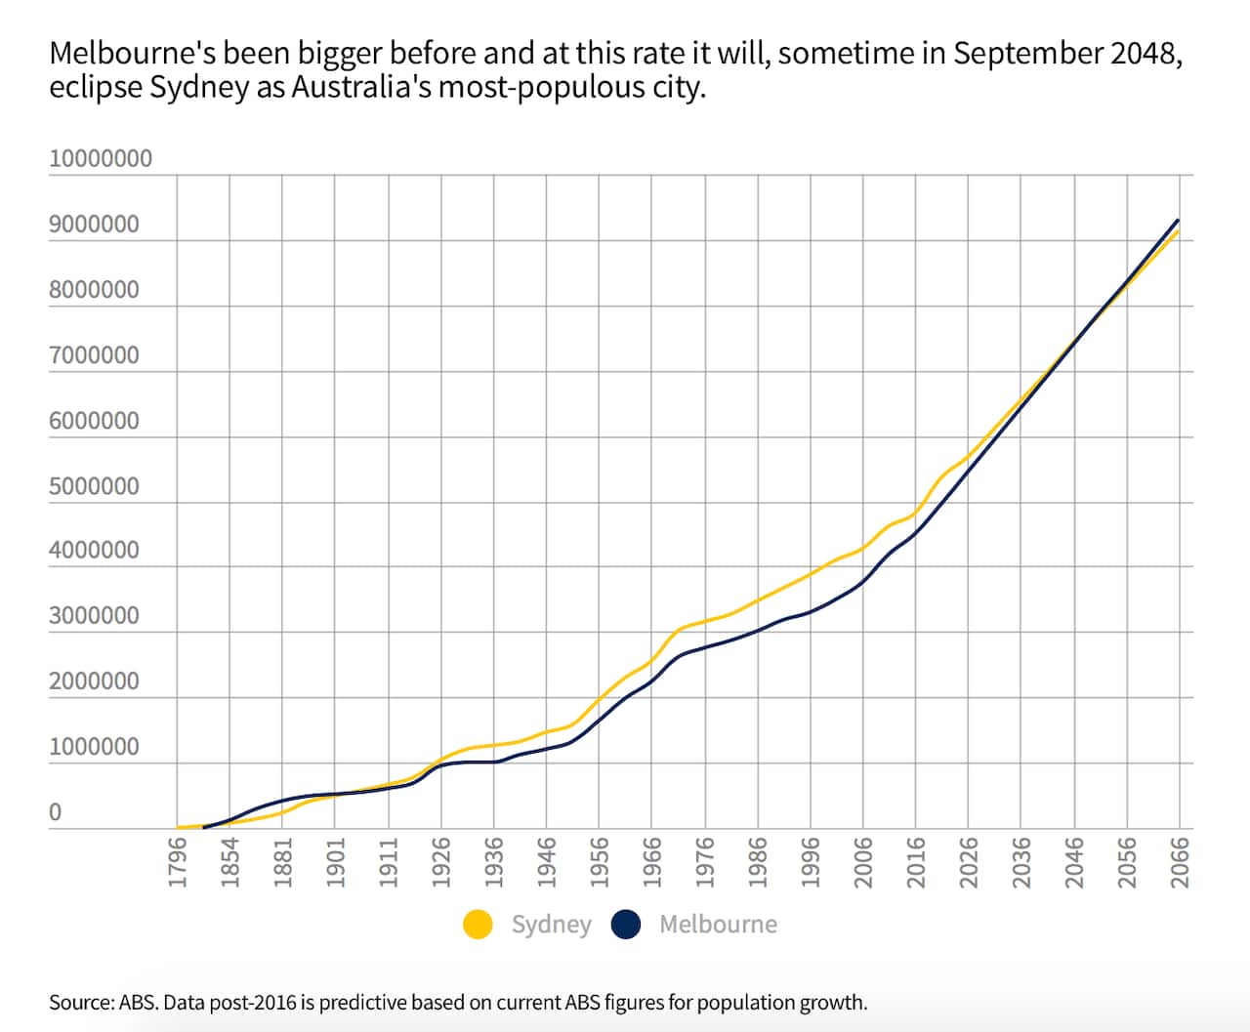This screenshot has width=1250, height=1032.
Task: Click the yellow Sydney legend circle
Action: (x=478, y=924)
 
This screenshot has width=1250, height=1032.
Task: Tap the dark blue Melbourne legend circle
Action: (x=625, y=924)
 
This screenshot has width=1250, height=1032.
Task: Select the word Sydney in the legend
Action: (x=551, y=924)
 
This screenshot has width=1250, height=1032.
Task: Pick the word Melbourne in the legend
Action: (x=718, y=924)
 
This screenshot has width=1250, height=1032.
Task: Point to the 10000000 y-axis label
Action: (x=101, y=158)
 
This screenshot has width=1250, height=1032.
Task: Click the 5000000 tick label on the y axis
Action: (x=94, y=486)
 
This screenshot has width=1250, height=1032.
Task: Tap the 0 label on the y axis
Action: (x=55, y=812)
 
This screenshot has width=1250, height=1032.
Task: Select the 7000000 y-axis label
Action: (x=94, y=355)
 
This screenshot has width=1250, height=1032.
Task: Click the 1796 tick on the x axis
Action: (x=177, y=862)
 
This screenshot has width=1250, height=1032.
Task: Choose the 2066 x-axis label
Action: (x=1180, y=862)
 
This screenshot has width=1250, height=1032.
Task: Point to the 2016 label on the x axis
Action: (x=916, y=862)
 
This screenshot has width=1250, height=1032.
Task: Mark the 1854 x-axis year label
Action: (x=229, y=862)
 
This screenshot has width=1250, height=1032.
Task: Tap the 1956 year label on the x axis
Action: (x=600, y=862)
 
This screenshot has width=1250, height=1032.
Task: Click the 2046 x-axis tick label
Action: (x=1074, y=862)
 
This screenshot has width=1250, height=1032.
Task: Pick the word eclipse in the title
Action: (x=96, y=88)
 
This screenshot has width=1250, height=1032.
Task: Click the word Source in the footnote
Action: (x=78, y=1003)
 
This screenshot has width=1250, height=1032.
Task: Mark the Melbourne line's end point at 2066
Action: (x=1179, y=221)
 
